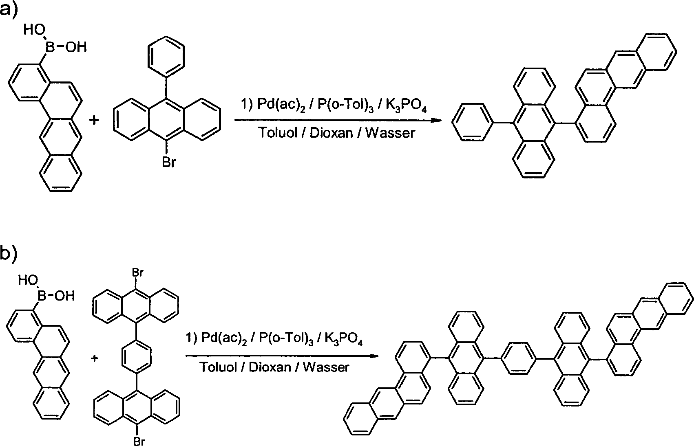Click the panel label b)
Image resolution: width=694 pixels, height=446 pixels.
9,253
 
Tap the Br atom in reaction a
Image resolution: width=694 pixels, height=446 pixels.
169,162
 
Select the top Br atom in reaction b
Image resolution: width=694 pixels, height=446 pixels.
137,272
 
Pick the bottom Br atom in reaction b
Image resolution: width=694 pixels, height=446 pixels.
139,441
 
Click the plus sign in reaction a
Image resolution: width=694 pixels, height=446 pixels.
94,120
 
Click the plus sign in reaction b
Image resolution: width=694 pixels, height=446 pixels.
95,358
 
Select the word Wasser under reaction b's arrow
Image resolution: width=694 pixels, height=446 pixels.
326,367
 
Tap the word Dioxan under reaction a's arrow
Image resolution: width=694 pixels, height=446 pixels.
331,133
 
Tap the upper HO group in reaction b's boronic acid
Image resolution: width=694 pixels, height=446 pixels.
28,280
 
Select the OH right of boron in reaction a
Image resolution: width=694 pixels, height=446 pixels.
76,47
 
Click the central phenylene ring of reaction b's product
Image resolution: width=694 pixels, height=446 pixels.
519,358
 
